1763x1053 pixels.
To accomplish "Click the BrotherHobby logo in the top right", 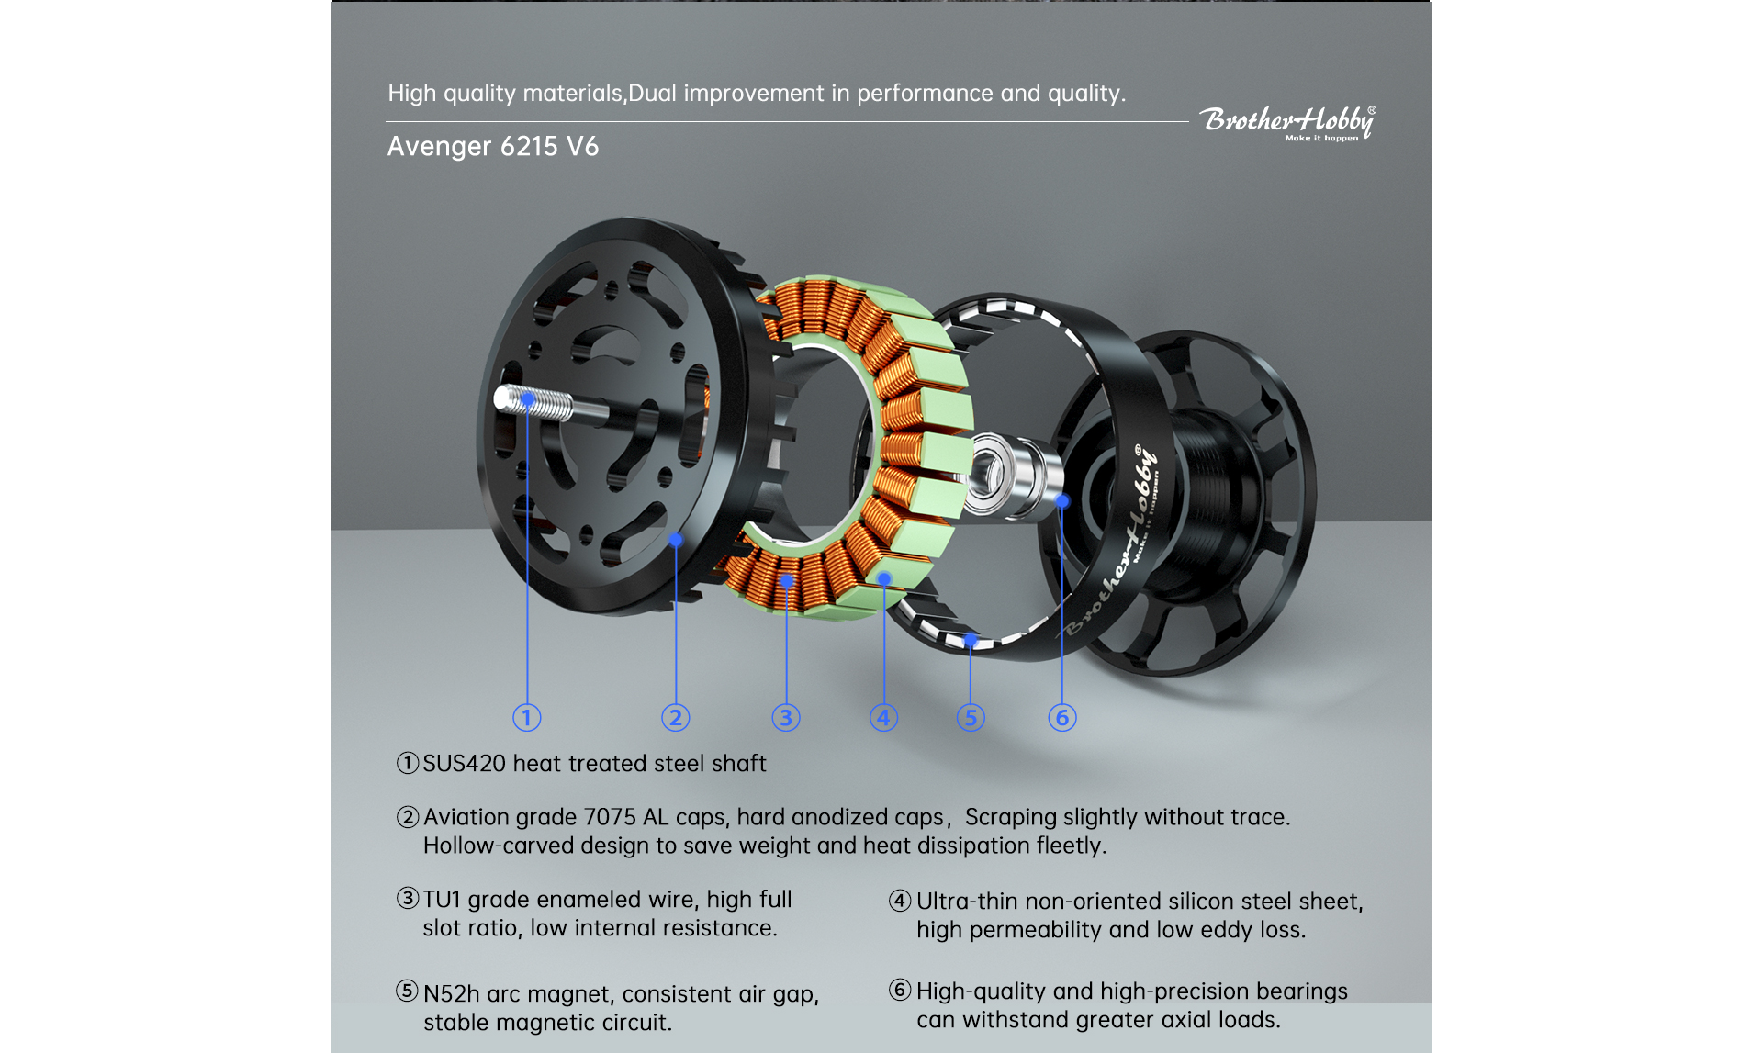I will (1286, 122).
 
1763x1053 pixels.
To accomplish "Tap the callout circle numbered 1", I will (526, 717).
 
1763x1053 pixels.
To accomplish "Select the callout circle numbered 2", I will (676, 717).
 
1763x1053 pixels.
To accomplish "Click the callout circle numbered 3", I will (786, 717).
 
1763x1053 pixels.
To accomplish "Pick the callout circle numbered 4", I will (883, 717).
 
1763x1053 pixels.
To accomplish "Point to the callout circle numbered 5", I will (971, 717).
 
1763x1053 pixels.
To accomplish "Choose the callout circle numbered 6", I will (1062, 717).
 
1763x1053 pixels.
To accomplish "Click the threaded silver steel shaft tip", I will (533, 402).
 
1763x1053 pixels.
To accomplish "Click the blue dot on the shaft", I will (528, 400).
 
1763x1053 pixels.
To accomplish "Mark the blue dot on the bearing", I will (1062, 501).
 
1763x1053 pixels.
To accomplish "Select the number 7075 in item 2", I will (610, 817).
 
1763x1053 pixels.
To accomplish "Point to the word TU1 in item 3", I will (442, 900).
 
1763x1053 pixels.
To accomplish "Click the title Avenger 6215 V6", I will (492, 147).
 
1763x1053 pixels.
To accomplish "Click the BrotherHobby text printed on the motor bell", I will (1113, 546).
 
